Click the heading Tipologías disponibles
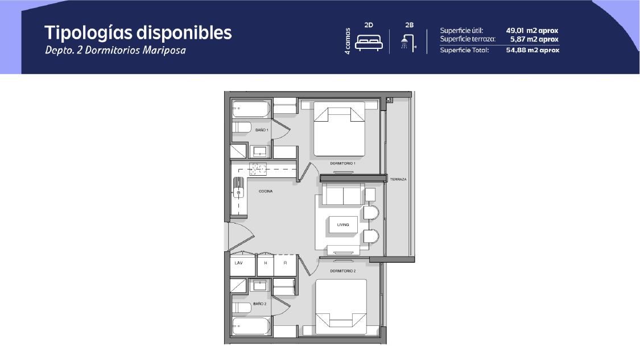coord(138,33)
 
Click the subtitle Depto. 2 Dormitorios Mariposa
coord(115,50)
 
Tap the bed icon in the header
coord(369,42)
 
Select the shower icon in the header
coord(408,42)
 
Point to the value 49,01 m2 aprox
coord(532,31)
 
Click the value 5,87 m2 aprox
coord(534,39)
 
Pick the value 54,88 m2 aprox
coord(532,50)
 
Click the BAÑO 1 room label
coord(262,130)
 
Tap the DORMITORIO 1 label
coord(342,163)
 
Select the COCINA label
coord(266,191)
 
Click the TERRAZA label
coord(398,179)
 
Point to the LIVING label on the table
coord(343,225)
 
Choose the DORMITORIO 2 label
coord(343,271)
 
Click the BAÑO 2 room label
coord(259,304)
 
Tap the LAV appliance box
coord(243,265)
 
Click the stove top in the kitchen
coord(258,168)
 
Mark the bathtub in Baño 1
coord(251,109)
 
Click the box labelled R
coord(286,265)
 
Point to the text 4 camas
coord(348,41)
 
